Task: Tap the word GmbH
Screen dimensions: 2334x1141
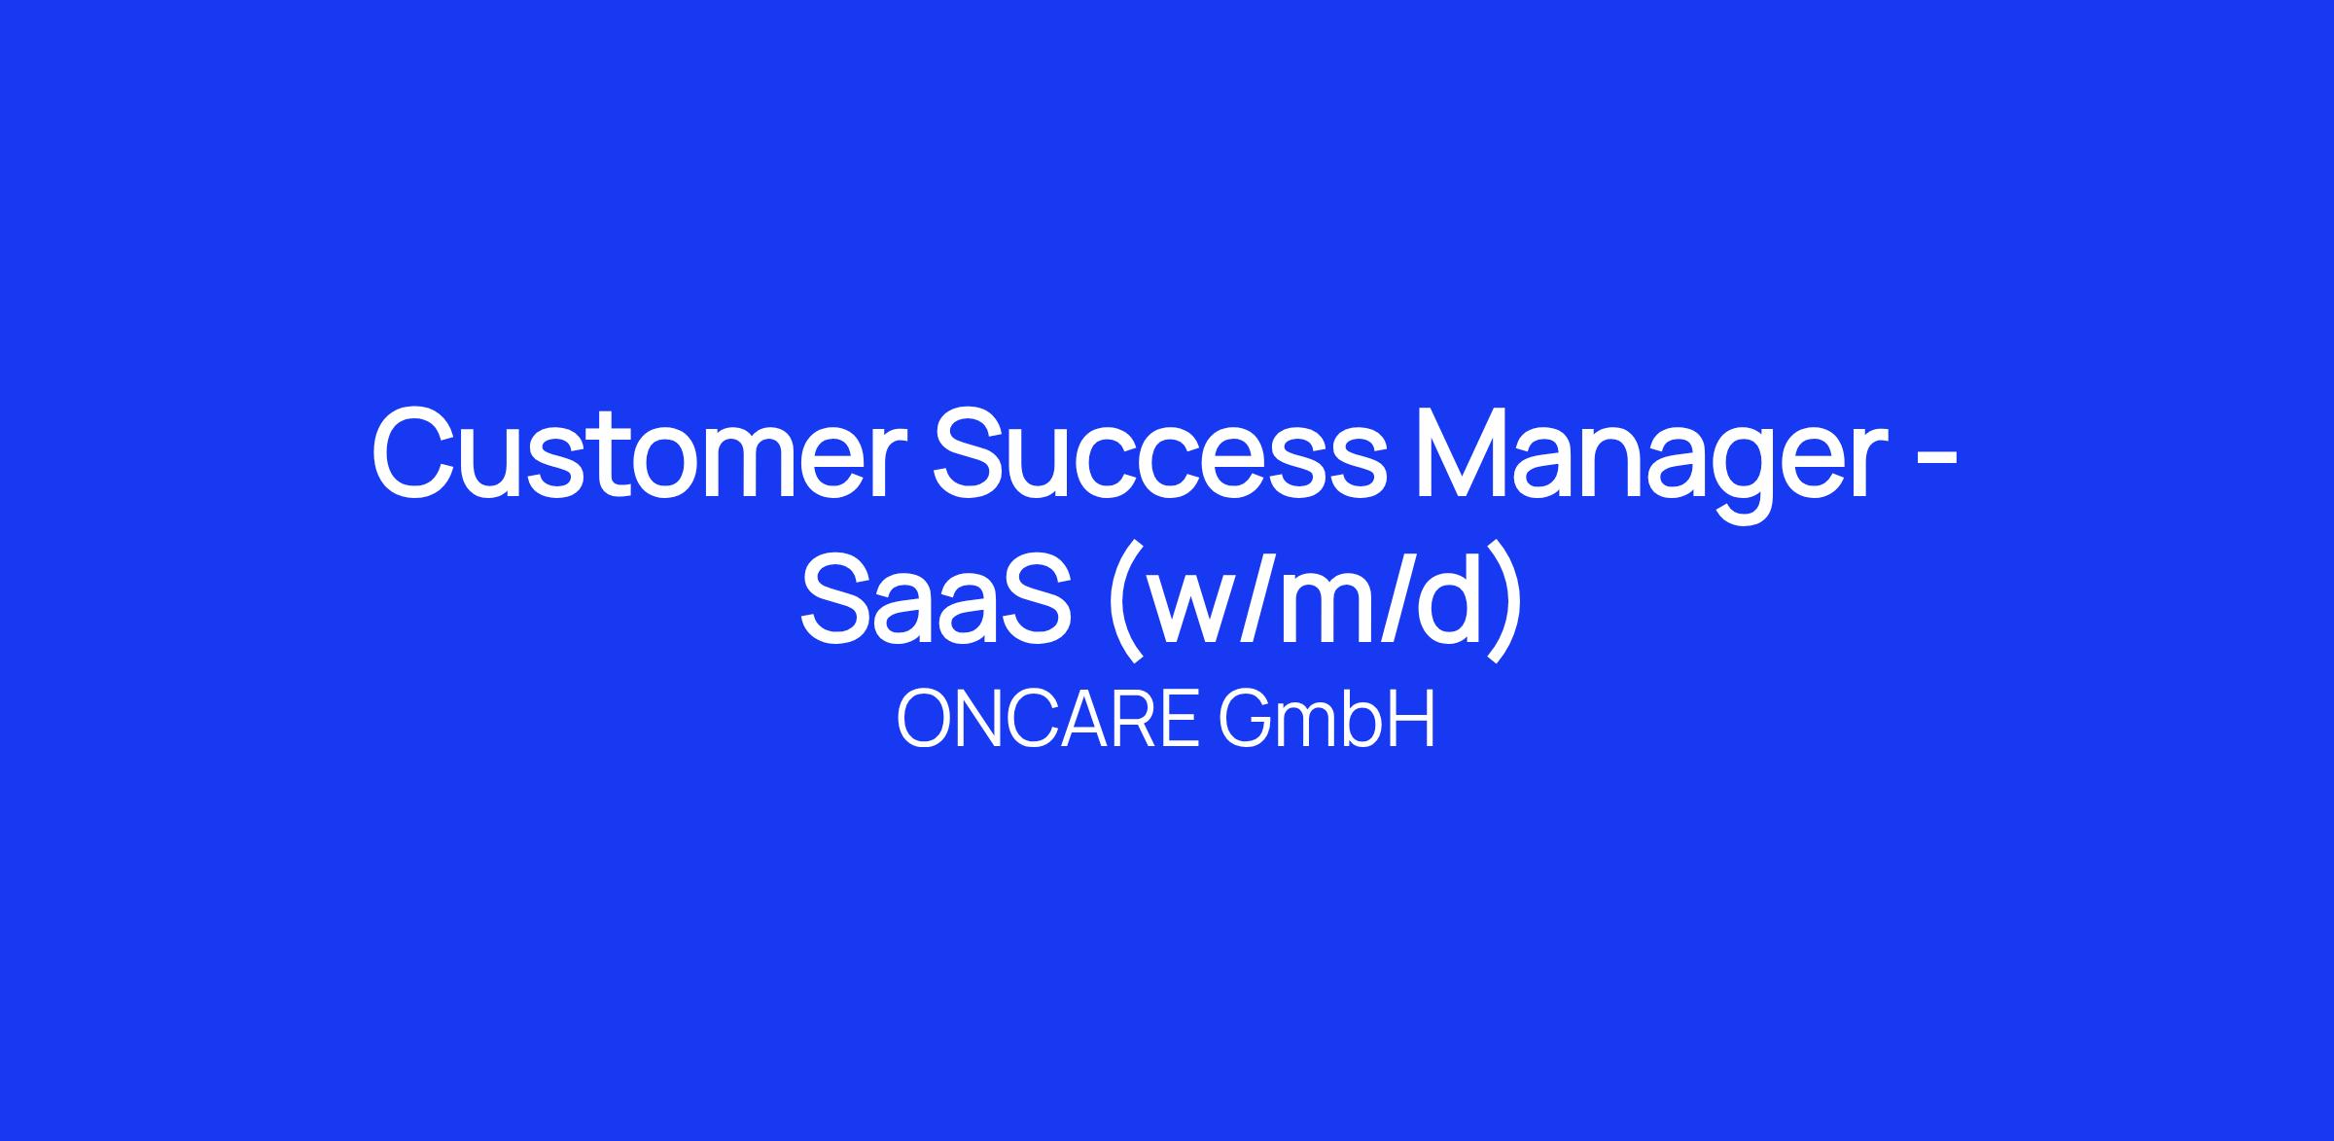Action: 1326,720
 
